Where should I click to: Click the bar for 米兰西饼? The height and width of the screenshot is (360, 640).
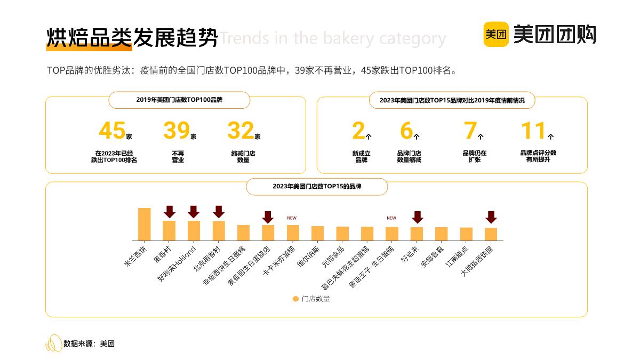pyautogui.click(x=144, y=224)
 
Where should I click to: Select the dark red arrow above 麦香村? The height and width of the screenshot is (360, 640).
pyautogui.click(x=170, y=212)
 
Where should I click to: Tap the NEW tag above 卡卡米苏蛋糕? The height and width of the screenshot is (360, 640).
pyautogui.click(x=292, y=218)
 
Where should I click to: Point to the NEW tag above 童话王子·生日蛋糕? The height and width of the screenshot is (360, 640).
pyautogui.click(x=391, y=218)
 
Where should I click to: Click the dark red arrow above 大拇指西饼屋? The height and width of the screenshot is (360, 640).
pyautogui.click(x=491, y=217)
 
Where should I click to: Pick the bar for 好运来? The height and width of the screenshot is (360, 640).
pyautogui.click(x=417, y=234)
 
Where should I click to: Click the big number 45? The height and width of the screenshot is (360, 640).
pyautogui.click(x=112, y=131)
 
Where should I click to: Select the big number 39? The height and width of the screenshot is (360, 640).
pyautogui.click(x=176, y=131)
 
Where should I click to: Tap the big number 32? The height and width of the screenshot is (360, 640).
pyautogui.click(x=241, y=131)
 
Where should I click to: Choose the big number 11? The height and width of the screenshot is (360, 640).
pyautogui.click(x=533, y=131)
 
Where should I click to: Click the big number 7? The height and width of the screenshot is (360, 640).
pyautogui.click(x=470, y=131)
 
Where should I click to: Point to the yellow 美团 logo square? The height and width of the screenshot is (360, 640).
pyautogui.click(x=496, y=35)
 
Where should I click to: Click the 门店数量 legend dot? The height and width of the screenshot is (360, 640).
pyautogui.click(x=295, y=299)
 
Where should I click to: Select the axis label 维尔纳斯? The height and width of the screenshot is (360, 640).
pyautogui.click(x=309, y=258)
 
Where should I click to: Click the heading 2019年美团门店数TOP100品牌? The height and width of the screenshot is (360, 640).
pyautogui.click(x=179, y=100)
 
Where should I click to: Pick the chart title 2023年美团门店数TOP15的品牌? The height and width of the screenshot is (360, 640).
pyautogui.click(x=317, y=187)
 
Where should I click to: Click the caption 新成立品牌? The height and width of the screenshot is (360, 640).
pyautogui.click(x=361, y=156)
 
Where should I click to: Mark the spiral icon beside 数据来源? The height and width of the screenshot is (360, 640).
pyautogui.click(x=53, y=343)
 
